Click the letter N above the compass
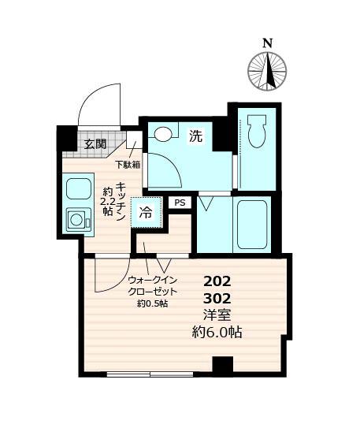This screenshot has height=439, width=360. click(x=268, y=43)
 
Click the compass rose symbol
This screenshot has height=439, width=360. click(x=268, y=70)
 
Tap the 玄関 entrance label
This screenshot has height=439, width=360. click(x=96, y=143)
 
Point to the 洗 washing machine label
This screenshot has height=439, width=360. click(x=195, y=136)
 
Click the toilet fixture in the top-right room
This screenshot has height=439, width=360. click(x=257, y=131)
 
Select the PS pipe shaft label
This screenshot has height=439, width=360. click(x=180, y=203)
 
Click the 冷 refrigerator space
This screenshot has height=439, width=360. click(x=147, y=211)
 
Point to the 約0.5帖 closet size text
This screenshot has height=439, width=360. click(x=152, y=303)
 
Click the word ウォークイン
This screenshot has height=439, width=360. click(x=152, y=281)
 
